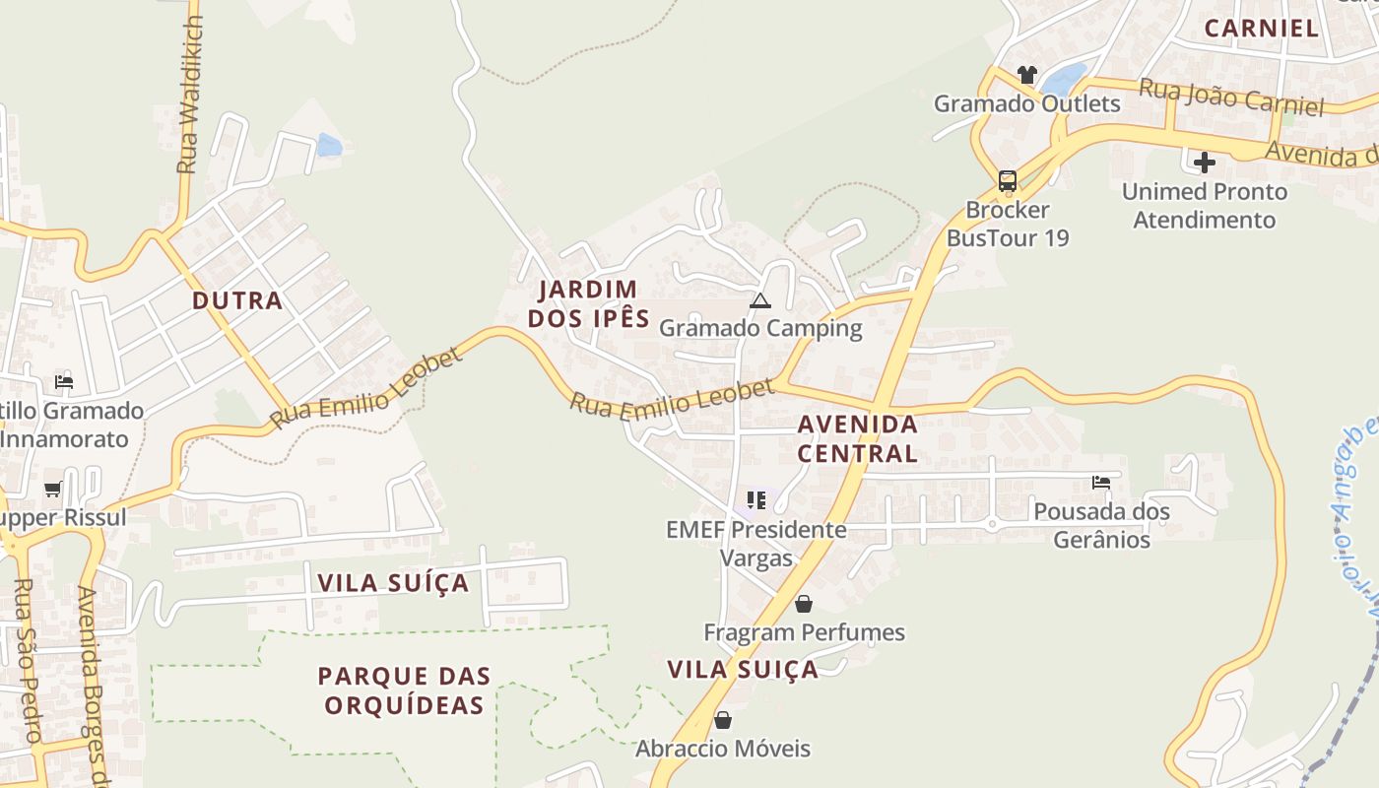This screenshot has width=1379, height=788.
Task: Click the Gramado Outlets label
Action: pyautogui.click(x=1026, y=103)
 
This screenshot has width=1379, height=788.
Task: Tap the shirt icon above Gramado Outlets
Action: pyautogui.click(x=1027, y=74)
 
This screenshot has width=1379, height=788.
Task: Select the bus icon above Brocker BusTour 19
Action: pyautogui.click(x=1007, y=180)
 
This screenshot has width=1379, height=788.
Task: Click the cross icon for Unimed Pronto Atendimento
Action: pyautogui.click(x=1204, y=162)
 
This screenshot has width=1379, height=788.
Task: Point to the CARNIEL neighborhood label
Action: pyautogui.click(x=1261, y=28)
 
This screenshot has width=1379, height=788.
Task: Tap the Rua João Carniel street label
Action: pyautogui.click(x=1231, y=97)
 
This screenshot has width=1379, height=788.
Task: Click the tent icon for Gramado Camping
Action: pyautogui.click(x=758, y=300)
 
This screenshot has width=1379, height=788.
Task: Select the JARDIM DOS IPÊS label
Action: pyautogui.click(x=589, y=303)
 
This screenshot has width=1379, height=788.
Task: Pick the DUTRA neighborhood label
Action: pyautogui.click(x=237, y=300)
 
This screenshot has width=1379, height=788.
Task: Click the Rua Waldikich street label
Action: pyautogui.click(x=190, y=94)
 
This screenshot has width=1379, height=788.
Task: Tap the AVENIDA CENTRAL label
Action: pyautogui.click(x=857, y=438)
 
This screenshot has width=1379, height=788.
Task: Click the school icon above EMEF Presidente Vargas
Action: pyautogui.click(x=755, y=500)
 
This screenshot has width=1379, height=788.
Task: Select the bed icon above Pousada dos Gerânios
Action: pyautogui.click(x=1101, y=483)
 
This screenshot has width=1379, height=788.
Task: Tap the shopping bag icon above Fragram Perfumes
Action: pyautogui.click(x=804, y=604)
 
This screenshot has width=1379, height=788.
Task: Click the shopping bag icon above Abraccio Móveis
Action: pyautogui.click(x=723, y=720)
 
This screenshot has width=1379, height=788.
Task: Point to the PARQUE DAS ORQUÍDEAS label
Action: pyautogui.click(x=404, y=690)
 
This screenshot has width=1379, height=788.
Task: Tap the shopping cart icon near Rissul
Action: pyautogui.click(x=53, y=489)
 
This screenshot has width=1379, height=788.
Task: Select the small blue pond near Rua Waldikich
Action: pyautogui.click(x=329, y=146)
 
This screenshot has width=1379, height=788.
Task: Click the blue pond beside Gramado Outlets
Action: pyautogui.click(x=1064, y=77)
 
